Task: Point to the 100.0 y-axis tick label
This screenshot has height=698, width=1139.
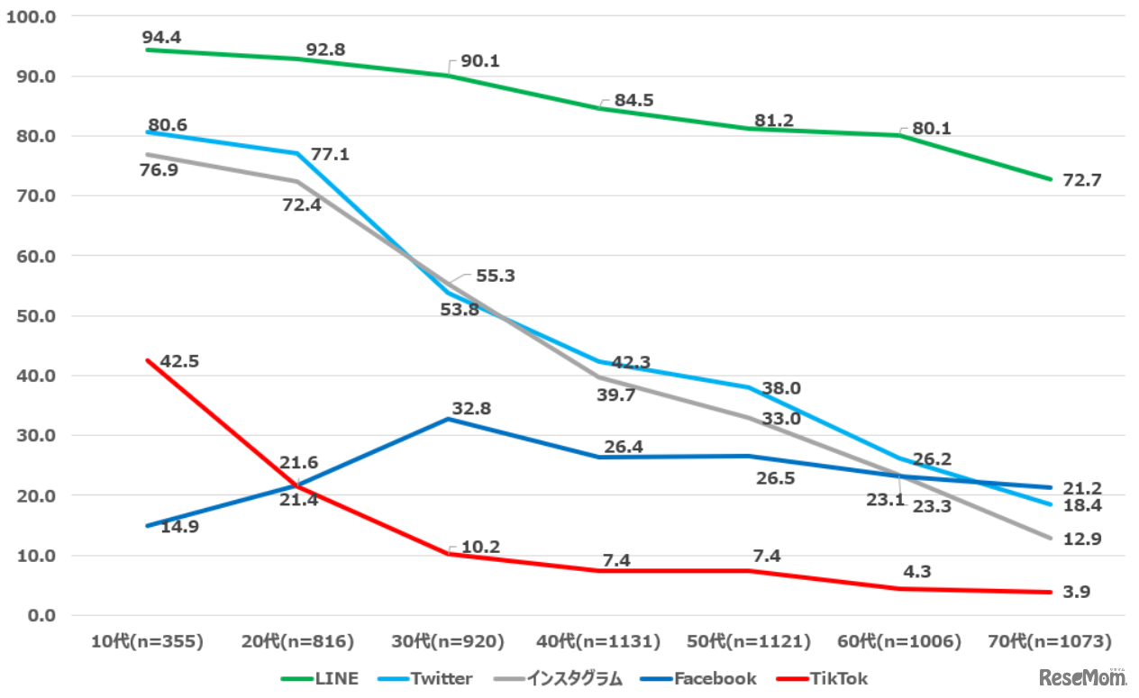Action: [32, 16]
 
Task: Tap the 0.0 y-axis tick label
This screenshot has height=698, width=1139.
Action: [41, 615]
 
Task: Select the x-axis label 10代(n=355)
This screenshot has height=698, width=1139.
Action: [147, 641]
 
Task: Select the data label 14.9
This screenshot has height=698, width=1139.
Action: [179, 525]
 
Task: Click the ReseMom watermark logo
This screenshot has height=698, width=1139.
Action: [1082, 676]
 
